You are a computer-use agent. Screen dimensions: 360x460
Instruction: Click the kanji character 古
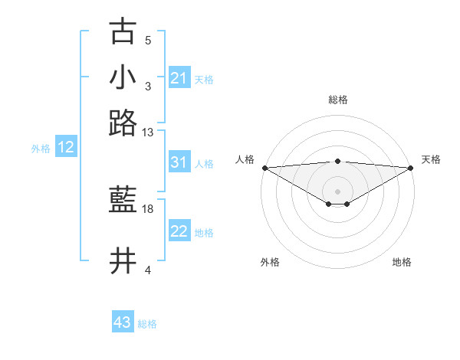pos(123,32)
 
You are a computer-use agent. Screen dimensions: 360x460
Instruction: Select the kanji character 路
pos(123,123)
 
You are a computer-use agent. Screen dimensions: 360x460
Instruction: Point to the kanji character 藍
pos(123,201)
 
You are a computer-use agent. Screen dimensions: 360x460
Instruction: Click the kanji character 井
pos(123,260)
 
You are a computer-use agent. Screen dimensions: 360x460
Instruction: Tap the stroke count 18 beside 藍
pos(148,208)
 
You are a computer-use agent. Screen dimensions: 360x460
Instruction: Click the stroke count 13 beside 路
pos(148,133)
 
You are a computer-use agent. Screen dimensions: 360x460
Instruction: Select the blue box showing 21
pos(179,78)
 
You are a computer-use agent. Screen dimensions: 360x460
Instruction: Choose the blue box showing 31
pos(179,162)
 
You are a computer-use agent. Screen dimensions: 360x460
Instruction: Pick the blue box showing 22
pos(179,231)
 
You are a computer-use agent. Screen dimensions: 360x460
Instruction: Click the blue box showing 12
pos(65,147)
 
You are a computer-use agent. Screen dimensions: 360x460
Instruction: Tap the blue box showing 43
pos(122,322)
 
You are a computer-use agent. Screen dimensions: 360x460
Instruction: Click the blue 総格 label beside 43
pos(147,324)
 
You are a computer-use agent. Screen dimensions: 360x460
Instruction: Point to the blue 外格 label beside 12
pos(41,149)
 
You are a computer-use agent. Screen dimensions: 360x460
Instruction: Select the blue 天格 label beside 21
pos(204,80)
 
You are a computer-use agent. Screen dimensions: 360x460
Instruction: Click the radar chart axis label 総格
pos(337,100)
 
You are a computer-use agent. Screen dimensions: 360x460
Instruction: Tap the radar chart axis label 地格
pos(402,262)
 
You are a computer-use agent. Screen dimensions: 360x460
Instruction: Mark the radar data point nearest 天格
pos(411,167)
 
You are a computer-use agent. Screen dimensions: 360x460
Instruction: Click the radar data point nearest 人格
pos(264,167)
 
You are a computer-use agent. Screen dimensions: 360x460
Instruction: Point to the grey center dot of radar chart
pos(337,191)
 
